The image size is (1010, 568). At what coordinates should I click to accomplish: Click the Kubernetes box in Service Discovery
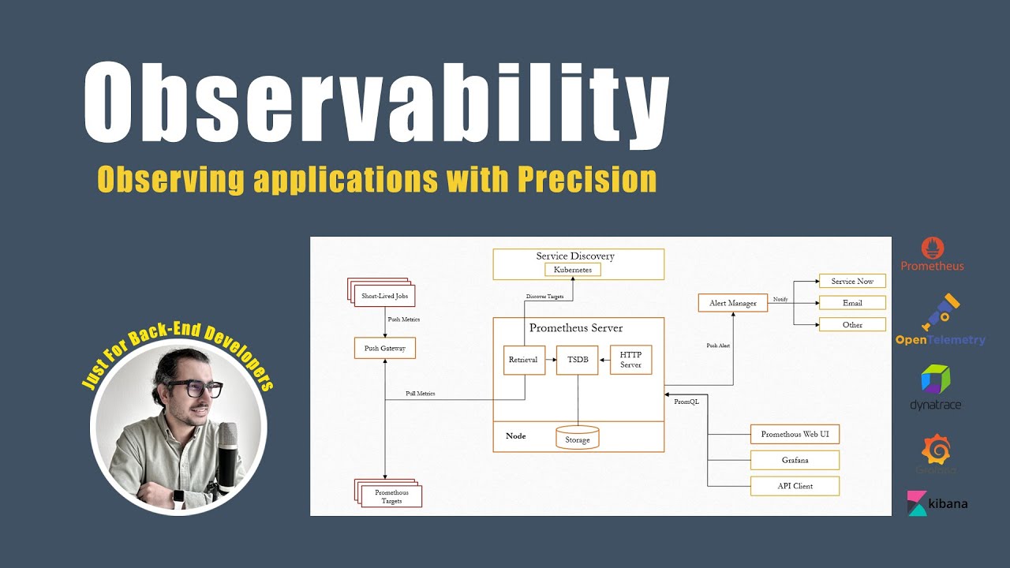573,270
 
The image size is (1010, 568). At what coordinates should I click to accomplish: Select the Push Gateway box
384,348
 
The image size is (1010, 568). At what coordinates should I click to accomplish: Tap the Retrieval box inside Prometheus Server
523,360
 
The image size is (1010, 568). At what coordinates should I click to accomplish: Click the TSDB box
578,360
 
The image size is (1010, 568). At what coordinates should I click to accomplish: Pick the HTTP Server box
630,360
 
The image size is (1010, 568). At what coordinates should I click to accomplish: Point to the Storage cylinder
578,438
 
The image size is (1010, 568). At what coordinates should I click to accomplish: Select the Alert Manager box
732,303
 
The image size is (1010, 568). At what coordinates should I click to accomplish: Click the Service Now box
852,282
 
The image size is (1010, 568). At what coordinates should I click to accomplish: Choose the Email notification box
852,303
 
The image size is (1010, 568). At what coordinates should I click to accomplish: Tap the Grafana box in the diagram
794,460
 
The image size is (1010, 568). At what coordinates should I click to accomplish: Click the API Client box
794,486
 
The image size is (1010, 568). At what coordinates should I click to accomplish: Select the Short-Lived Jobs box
383,297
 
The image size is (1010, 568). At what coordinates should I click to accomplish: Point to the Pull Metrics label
420,394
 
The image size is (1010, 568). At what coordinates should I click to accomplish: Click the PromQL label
686,402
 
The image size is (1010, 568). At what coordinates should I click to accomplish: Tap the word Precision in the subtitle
587,180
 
